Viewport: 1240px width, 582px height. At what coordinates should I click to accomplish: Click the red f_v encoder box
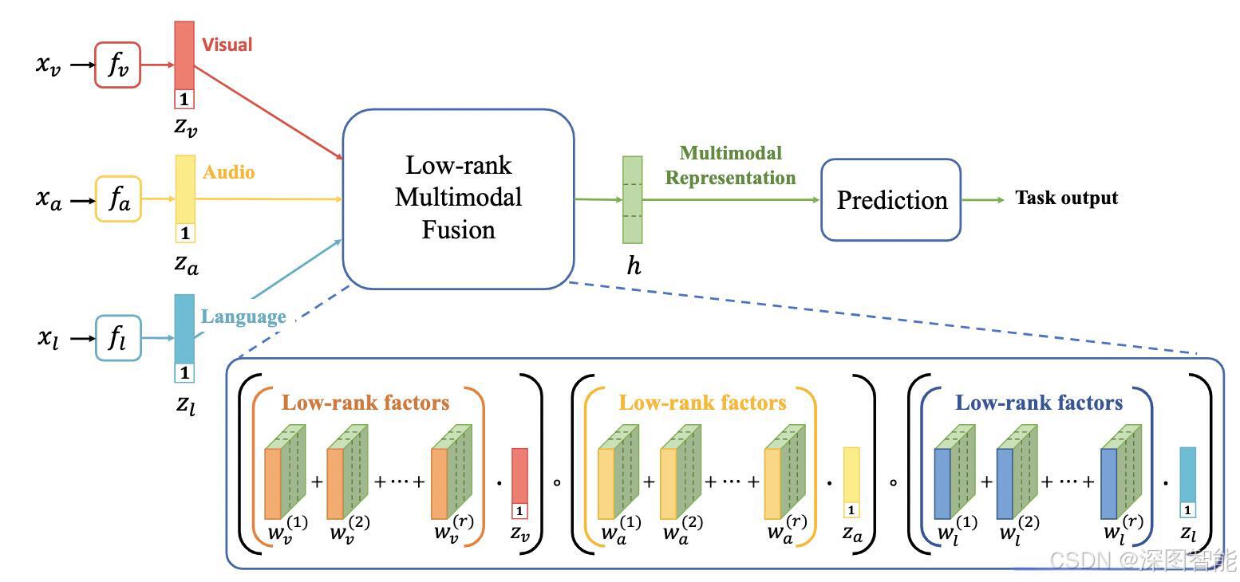[117, 65]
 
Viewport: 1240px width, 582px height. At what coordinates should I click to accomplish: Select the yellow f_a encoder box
[118, 199]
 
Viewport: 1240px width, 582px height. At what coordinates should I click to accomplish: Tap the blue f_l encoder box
[117, 338]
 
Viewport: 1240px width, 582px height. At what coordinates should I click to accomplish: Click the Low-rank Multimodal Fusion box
[458, 199]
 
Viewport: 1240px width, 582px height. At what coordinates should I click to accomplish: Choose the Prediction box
[891, 199]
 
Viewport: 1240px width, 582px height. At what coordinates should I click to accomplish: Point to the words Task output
[1066, 198]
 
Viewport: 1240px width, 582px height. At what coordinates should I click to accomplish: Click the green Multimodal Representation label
[730, 165]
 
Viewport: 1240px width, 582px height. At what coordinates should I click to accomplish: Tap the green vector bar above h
[632, 199]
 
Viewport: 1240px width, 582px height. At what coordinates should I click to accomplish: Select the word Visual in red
[227, 45]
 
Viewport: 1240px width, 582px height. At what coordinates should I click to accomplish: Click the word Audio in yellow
[228, 172]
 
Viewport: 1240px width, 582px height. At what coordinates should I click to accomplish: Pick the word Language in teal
[243, 317]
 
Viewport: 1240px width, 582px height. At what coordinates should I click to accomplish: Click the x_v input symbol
[48, 65]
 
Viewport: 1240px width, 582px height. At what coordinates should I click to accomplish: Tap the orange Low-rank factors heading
[367, 403]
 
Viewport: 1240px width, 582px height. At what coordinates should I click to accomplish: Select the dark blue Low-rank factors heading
[1039, 403]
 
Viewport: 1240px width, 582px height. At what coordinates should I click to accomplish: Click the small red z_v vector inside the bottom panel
[519, 483]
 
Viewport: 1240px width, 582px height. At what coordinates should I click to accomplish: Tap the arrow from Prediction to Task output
[983, 199]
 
